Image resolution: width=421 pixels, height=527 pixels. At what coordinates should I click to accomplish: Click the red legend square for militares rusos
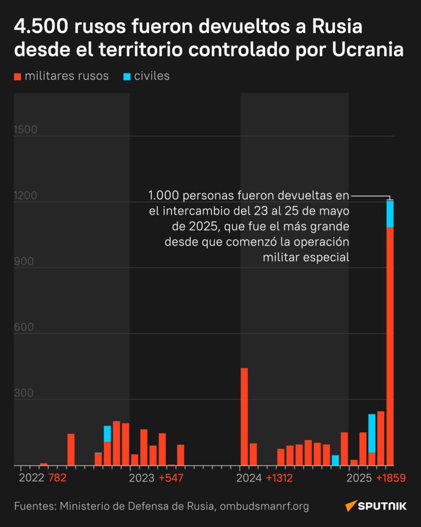pos(18,77)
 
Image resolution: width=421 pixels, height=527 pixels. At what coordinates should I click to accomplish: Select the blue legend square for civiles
pos(127,77)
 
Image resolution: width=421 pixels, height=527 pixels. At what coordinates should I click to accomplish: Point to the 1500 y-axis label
pos(25,130)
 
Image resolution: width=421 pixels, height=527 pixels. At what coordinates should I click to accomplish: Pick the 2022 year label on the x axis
pos(31,478)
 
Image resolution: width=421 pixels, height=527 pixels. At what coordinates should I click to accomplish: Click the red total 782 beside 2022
pos(57,478)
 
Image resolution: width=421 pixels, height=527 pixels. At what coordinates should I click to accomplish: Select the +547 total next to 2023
pos(171,478)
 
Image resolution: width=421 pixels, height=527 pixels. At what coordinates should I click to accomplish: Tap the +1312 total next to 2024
pos(279,478)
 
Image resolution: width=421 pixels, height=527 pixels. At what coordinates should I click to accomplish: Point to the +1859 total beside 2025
pos(391,478)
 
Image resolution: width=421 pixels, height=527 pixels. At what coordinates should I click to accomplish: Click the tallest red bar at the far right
pos(390,345)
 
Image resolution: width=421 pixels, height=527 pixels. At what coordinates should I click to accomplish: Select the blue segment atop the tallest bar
pos(390,214)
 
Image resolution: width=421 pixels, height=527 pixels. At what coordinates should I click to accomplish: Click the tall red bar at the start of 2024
pos(244,416)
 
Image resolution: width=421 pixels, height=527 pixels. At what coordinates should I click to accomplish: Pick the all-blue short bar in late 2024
pos(335,460)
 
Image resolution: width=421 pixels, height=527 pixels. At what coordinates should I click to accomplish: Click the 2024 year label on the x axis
pos(249,478)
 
